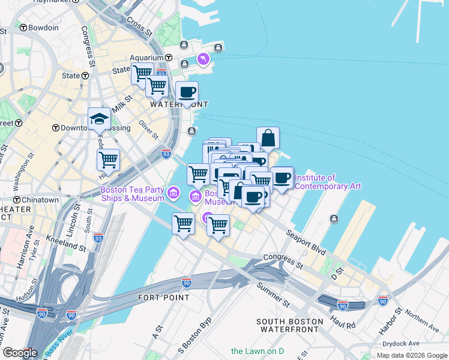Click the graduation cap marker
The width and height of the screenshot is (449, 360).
click(x=99, y=119)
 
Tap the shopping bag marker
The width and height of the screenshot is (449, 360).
click(x=268, y=138)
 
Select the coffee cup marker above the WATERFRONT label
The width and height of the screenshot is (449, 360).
click(x=187, y=92)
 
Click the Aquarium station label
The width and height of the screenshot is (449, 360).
click(x=147, y=58)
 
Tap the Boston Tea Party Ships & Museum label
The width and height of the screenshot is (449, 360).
click(x=132, y=194)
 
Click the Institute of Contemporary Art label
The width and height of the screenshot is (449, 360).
click(x=328, y=182)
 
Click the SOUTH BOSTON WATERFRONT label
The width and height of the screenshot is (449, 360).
click(x=289, y=325)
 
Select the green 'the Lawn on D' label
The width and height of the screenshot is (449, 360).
click(x=258, y=350)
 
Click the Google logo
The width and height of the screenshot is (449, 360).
click(x=20, y=352)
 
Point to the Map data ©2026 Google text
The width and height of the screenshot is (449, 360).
click(x=411, y=355)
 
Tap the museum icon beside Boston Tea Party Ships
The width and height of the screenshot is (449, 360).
click(x=173, y=193)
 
